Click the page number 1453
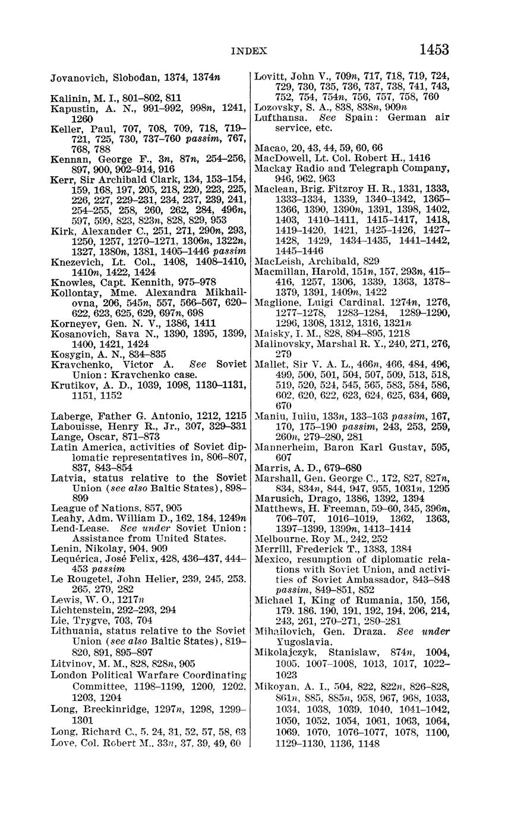tap(434, 49)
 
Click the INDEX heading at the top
tap(248, 51)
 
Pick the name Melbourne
tap(280, 539)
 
